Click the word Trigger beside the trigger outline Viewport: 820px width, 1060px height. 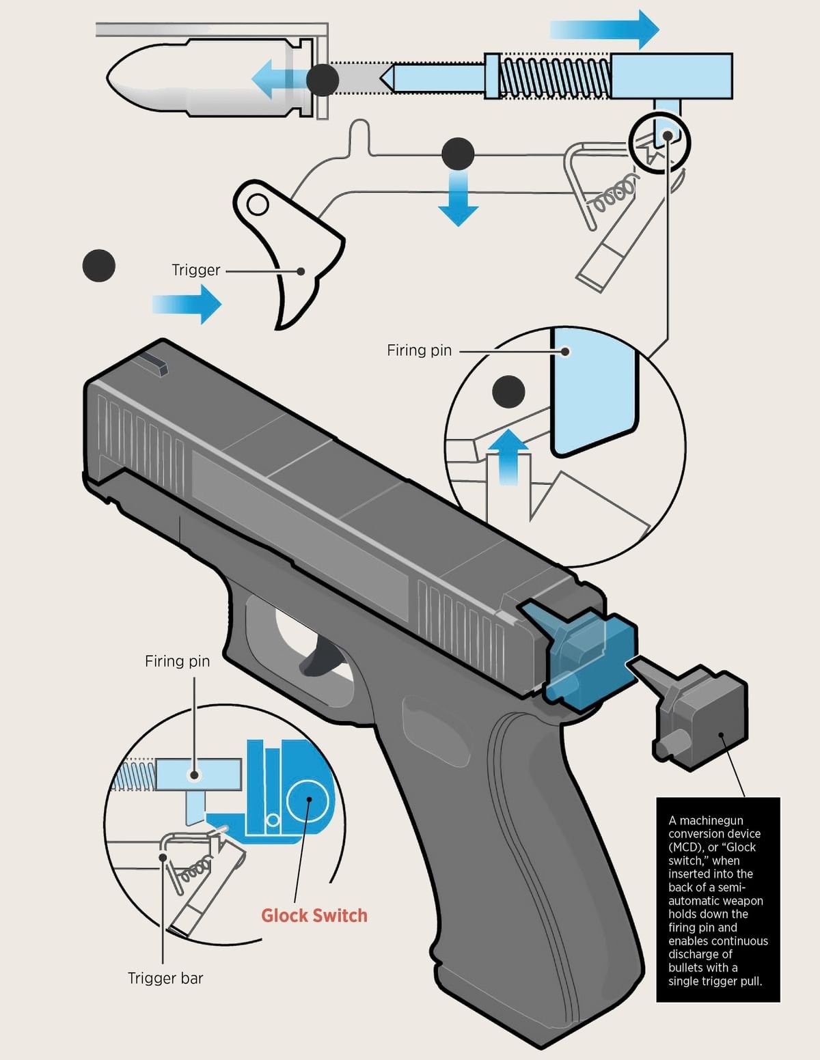tap(195, 270)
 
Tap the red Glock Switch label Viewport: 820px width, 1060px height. tap(314, 916)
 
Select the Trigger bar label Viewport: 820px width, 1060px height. tap(165, 979)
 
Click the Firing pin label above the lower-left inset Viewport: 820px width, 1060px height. tap(177, 661)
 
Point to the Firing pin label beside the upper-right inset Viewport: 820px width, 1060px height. tap(419, 350)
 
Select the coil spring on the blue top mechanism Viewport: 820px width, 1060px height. tap(553, 76)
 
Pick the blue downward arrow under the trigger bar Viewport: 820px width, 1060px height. tap(457, 201)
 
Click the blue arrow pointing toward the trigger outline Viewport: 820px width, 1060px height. tap(188, 304)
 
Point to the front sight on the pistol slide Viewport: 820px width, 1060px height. tap(156, 365)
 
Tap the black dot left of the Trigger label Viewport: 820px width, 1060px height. tap(99, 266)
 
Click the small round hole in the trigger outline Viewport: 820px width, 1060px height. tap(257, 204)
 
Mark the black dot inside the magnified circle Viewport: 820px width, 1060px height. tap(508, 392)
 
